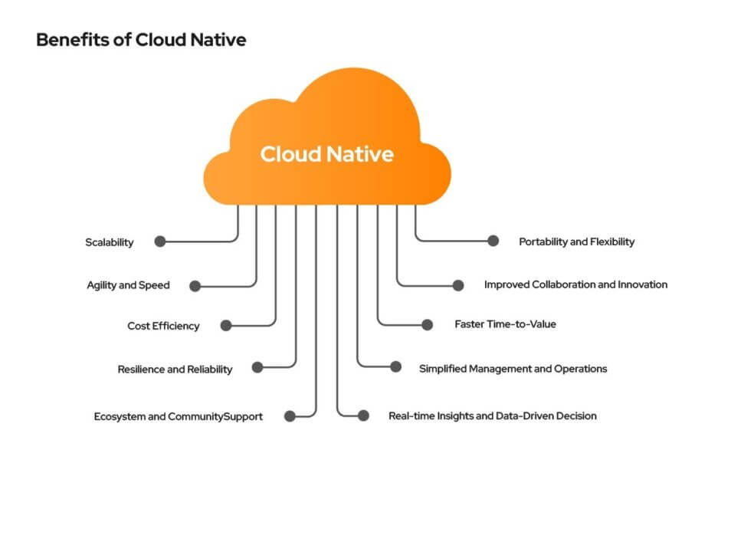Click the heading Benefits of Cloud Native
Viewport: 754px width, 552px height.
pos(141,40)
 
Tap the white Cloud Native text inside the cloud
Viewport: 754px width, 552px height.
pos(326,154)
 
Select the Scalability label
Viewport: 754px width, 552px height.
pos(109,242)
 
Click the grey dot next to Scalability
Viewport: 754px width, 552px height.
pos(160,242)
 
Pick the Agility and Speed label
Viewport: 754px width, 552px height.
pos(128,285)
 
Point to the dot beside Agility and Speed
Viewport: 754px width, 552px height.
pos(195,286)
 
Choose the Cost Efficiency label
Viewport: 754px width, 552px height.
pos(163,326)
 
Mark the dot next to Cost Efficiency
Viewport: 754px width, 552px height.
pos(226,325)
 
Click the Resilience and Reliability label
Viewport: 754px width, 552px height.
pos(175,369)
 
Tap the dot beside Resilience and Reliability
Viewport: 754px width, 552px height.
pos(257,367)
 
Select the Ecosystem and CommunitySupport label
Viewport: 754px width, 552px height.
pos(179,416)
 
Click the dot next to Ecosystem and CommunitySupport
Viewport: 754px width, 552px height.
pos(290,416)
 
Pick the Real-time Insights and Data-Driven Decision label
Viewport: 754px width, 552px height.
pos(493,416)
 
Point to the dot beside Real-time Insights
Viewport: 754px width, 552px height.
pos(364,416)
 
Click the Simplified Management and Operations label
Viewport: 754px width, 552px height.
pos(513,369)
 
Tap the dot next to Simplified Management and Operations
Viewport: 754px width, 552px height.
pos(395,367)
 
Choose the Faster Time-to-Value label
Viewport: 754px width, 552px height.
pos(505,324)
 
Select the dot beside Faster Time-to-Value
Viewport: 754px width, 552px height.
pos(427,324)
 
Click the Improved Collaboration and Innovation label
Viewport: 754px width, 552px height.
pos(575,284)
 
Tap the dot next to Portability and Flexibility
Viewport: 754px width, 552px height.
pos(493,241)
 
